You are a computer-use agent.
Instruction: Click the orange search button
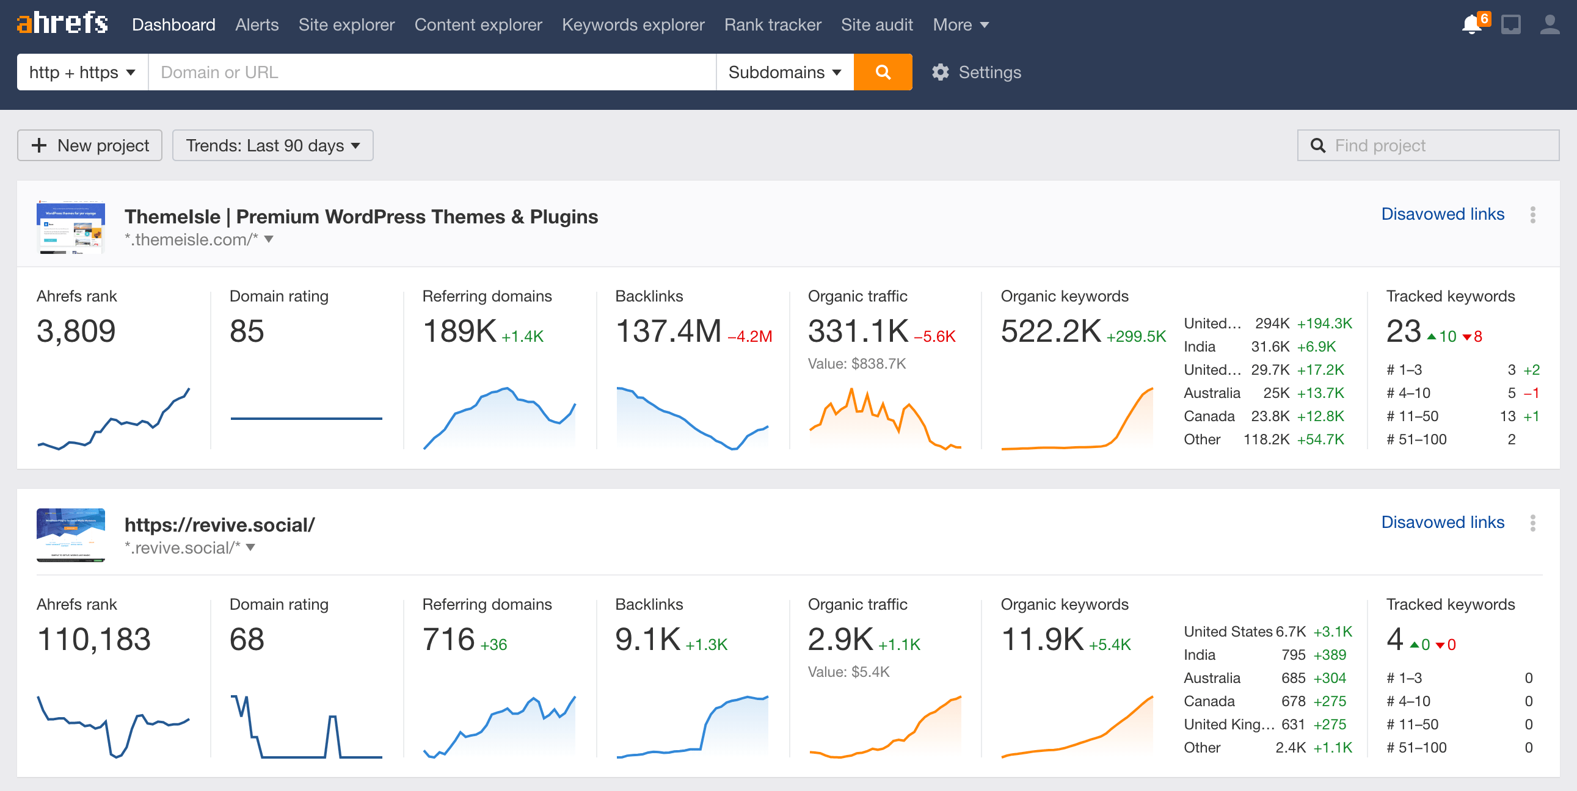(882, 72)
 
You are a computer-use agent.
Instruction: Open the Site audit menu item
(876, 25)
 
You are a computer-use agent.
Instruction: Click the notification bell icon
(1471, 25)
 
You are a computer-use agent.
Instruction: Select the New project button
(90, 146)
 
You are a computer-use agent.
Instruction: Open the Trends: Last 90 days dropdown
(272, 146)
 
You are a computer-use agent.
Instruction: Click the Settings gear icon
(941, 72)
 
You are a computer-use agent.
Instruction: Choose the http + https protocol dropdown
(82, 72)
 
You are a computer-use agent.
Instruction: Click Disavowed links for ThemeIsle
(1441, 214)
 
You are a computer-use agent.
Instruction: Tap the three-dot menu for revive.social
(1532, 522)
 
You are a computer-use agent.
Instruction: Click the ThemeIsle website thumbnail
(71, 227)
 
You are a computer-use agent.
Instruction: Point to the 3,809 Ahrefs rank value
(76, 331)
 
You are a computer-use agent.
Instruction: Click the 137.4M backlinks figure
(668, 331)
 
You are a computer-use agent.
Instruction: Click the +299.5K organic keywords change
(1135, 336)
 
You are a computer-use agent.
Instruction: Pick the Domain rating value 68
(247, 639)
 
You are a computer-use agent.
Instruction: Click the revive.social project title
(219, 525)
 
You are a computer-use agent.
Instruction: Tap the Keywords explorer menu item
(632, 25)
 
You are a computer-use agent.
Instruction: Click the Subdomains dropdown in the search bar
(784, 72)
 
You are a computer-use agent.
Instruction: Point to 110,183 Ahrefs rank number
(93, 639)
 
